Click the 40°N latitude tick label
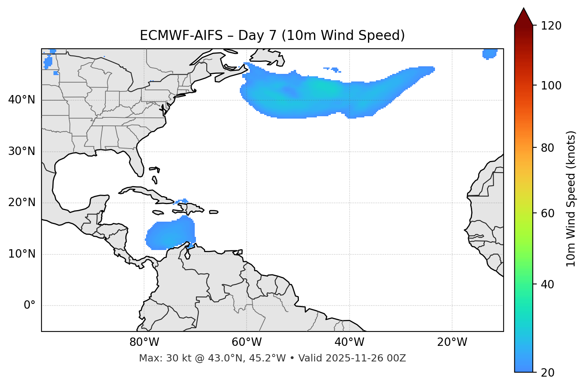pos(22,100)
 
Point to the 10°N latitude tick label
pos(22,254)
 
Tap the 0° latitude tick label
pos(30,306)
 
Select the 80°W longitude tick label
pos(144,342)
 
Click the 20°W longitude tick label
pos(452,342)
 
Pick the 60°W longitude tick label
pos(247,342)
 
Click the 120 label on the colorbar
pos(551,26)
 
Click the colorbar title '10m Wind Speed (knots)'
pos(571,199)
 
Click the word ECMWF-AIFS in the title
pos(181,36)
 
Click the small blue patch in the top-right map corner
pos(489,54)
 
